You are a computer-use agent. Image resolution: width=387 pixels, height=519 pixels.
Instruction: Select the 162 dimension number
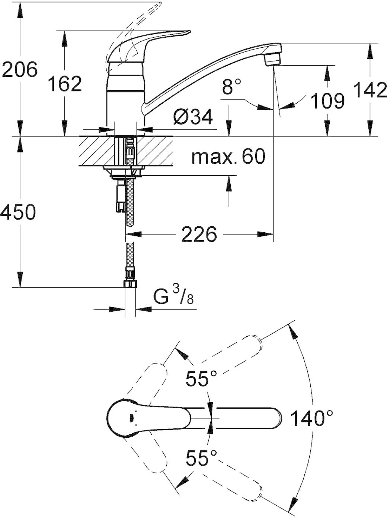65,84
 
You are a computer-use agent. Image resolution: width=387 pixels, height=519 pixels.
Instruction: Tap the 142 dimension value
370,90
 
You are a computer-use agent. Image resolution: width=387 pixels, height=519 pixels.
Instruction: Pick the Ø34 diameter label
192,117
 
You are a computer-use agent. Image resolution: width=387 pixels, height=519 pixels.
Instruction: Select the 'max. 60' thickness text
228,156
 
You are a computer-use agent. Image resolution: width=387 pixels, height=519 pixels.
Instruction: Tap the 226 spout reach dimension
199,234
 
